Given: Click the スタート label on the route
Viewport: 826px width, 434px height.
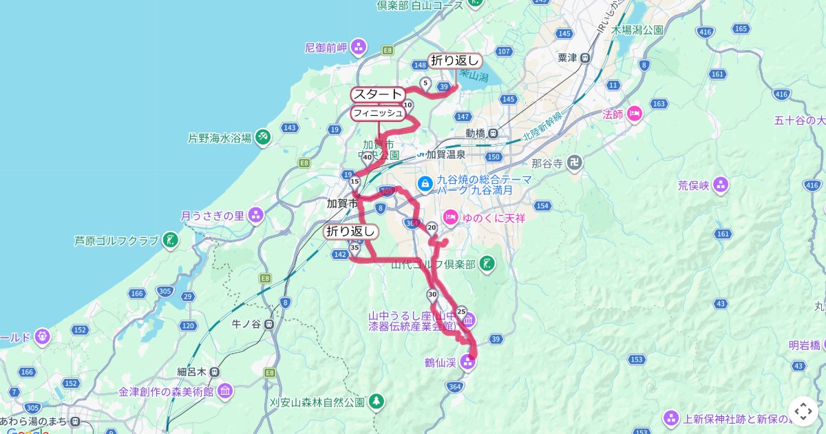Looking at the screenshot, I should pos(377,94).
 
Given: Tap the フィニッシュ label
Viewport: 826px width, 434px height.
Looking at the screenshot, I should pos(377,112).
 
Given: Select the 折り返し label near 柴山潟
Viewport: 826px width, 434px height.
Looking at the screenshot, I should pos(454,61).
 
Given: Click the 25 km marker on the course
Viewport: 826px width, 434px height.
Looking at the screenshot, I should pos(461,311).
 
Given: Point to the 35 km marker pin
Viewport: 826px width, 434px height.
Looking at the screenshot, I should pos(354,247).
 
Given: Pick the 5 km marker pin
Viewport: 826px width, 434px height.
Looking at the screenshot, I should pos(425,84).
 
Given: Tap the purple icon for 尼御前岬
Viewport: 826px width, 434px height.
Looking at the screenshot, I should pos(358,48).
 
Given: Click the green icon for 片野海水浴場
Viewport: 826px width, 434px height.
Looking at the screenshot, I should pos(262,138).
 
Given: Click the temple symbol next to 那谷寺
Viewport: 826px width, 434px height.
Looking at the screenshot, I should pos(575,164).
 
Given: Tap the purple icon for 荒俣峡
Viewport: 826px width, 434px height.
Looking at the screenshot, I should pos(721,185).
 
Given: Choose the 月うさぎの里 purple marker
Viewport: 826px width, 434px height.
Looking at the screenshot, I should pos(257,215).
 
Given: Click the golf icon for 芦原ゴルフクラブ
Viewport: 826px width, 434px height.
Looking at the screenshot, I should pos(170,240).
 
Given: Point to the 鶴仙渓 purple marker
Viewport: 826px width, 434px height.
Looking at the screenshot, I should pos(468,362).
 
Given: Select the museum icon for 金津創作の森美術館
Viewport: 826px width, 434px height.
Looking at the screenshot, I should pos(225,392).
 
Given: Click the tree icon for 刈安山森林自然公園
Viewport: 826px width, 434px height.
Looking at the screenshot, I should pos(376,400).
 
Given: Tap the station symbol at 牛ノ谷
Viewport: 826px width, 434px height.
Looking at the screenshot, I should pos(269,323).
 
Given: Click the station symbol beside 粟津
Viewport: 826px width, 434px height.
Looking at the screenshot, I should pos(585,58).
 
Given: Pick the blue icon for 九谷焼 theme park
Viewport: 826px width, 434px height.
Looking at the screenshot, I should pos(425,184).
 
